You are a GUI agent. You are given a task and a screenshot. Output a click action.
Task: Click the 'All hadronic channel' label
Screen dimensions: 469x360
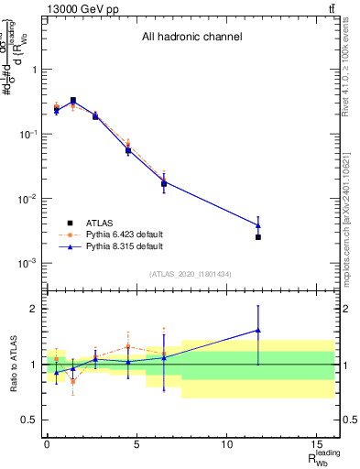(191, 38)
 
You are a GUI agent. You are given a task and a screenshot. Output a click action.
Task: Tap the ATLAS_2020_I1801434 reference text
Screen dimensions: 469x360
(190, 274)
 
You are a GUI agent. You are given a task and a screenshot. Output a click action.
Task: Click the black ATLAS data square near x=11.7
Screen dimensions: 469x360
(258, 237)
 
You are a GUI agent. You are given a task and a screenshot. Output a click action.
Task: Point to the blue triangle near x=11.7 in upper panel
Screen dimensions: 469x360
(258, 225)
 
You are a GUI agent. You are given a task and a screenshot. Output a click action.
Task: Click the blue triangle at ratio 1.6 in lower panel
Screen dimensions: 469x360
(258, 331)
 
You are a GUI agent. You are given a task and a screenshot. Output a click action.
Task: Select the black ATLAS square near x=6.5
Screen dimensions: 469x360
(164, 183)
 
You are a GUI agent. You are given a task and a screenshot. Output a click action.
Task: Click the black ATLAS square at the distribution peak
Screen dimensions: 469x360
(73, 101)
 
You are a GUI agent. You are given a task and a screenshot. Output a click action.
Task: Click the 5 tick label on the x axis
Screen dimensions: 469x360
(136, 444)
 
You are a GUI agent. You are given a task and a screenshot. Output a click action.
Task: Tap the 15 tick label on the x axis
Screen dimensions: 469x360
(316, 444)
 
